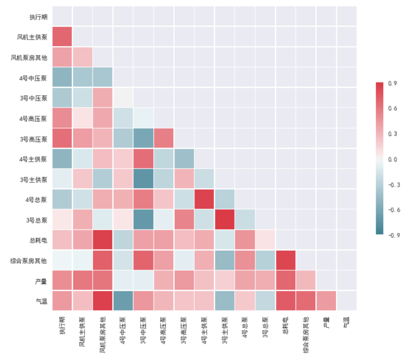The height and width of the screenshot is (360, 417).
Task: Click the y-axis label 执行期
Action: [x=38, y=17]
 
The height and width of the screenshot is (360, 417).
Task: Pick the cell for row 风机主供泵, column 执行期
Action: [x=62, y=37]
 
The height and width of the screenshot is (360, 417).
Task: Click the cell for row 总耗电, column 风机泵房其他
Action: [x=103, y=240]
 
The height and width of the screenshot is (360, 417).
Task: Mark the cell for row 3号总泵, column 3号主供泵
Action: [x=225, y=220]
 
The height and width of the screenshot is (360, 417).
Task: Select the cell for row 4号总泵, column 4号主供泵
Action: [x=204, y=199]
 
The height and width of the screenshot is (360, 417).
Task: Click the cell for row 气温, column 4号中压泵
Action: [x=123, y=301]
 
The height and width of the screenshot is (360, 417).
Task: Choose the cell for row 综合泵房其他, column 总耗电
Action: [x=286, y=260]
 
